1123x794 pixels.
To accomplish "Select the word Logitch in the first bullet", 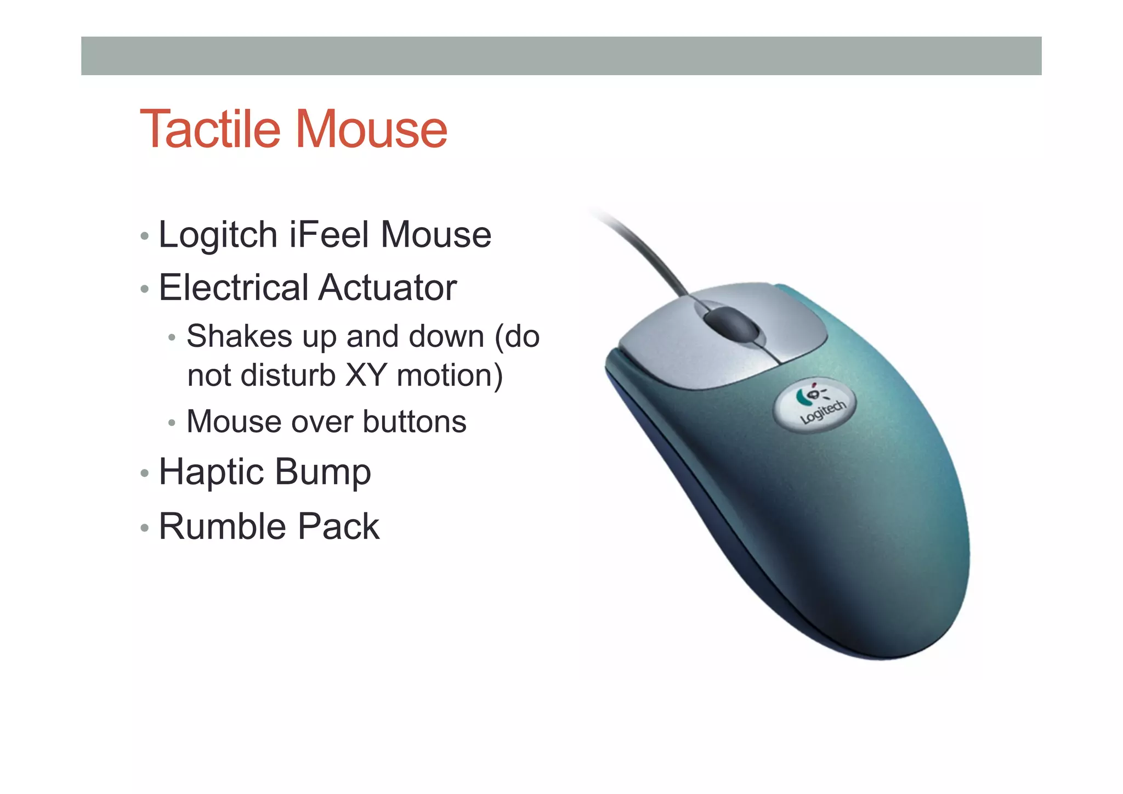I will [218, 235].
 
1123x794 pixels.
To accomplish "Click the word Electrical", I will [234, 288].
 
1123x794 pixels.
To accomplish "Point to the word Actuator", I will [388, 288].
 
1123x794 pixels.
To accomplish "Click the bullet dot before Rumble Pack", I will [144, 528].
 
